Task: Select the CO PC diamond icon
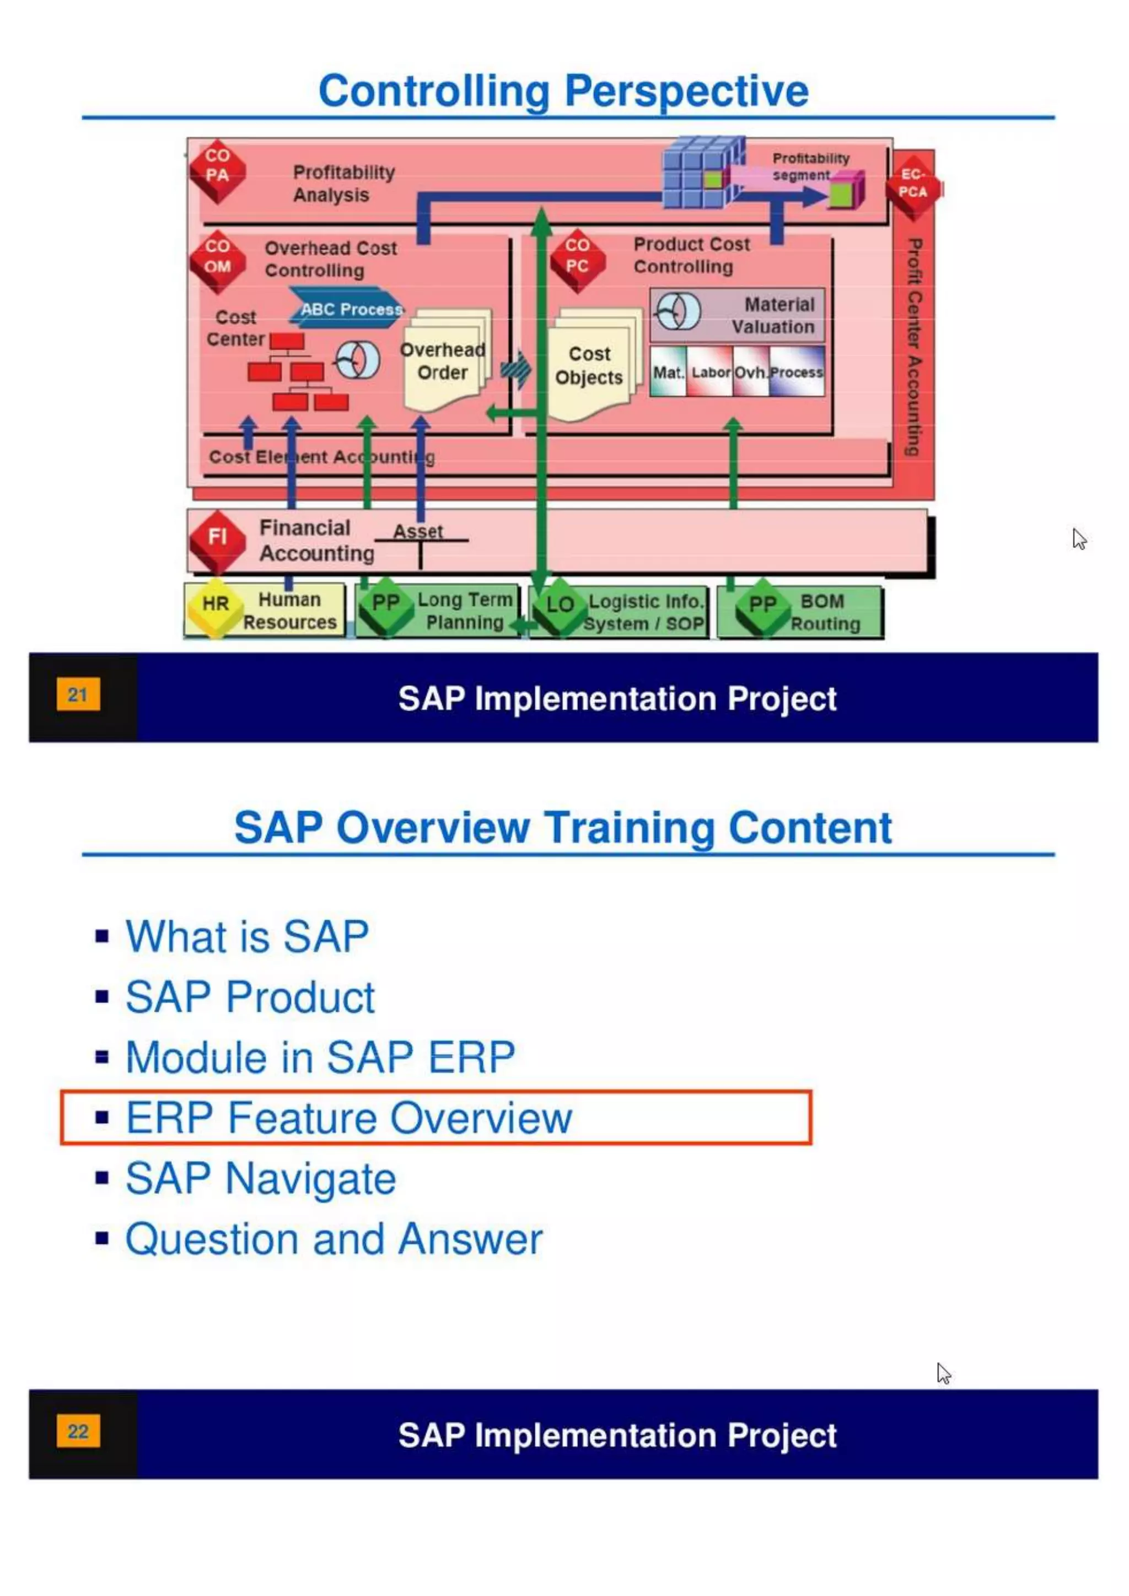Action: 577,258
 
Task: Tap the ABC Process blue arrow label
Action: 348,309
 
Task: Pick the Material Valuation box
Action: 738,315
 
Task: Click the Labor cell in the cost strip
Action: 711,373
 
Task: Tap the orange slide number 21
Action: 78,694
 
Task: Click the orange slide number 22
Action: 78,1431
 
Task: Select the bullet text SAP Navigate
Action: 261,1179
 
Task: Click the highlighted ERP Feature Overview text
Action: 348,1118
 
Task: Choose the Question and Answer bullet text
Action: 334,1239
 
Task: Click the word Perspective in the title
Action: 686,91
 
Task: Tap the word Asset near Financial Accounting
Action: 418,531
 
